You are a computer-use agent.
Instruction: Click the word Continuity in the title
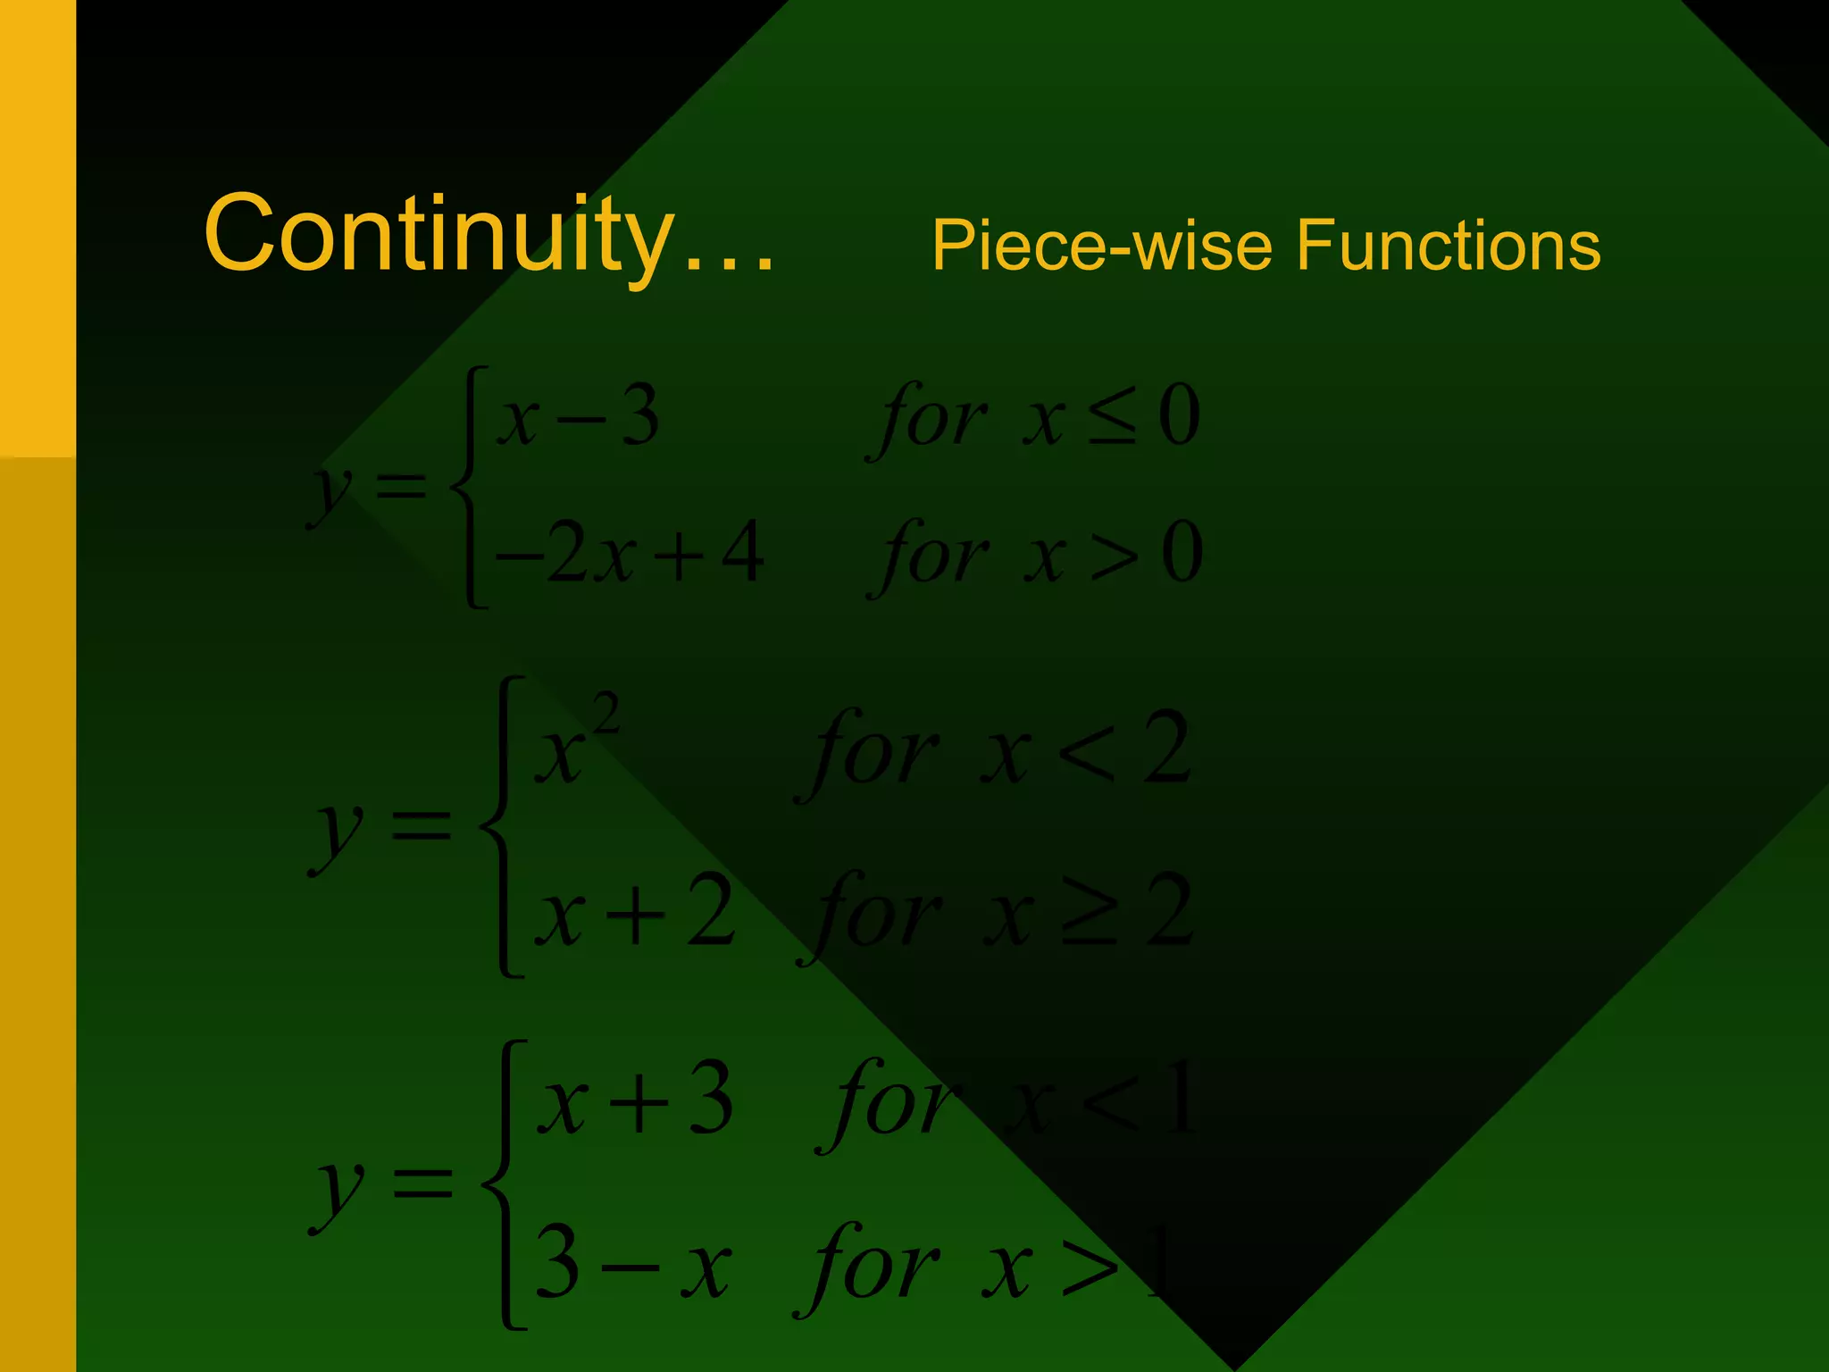coord(438,234)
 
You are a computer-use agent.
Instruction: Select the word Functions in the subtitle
coord(1448,246)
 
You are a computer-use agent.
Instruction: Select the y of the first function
coord(330,491)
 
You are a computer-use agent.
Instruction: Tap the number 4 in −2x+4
coord(742,553)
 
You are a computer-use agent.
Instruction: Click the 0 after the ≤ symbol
coord(1179,418)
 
